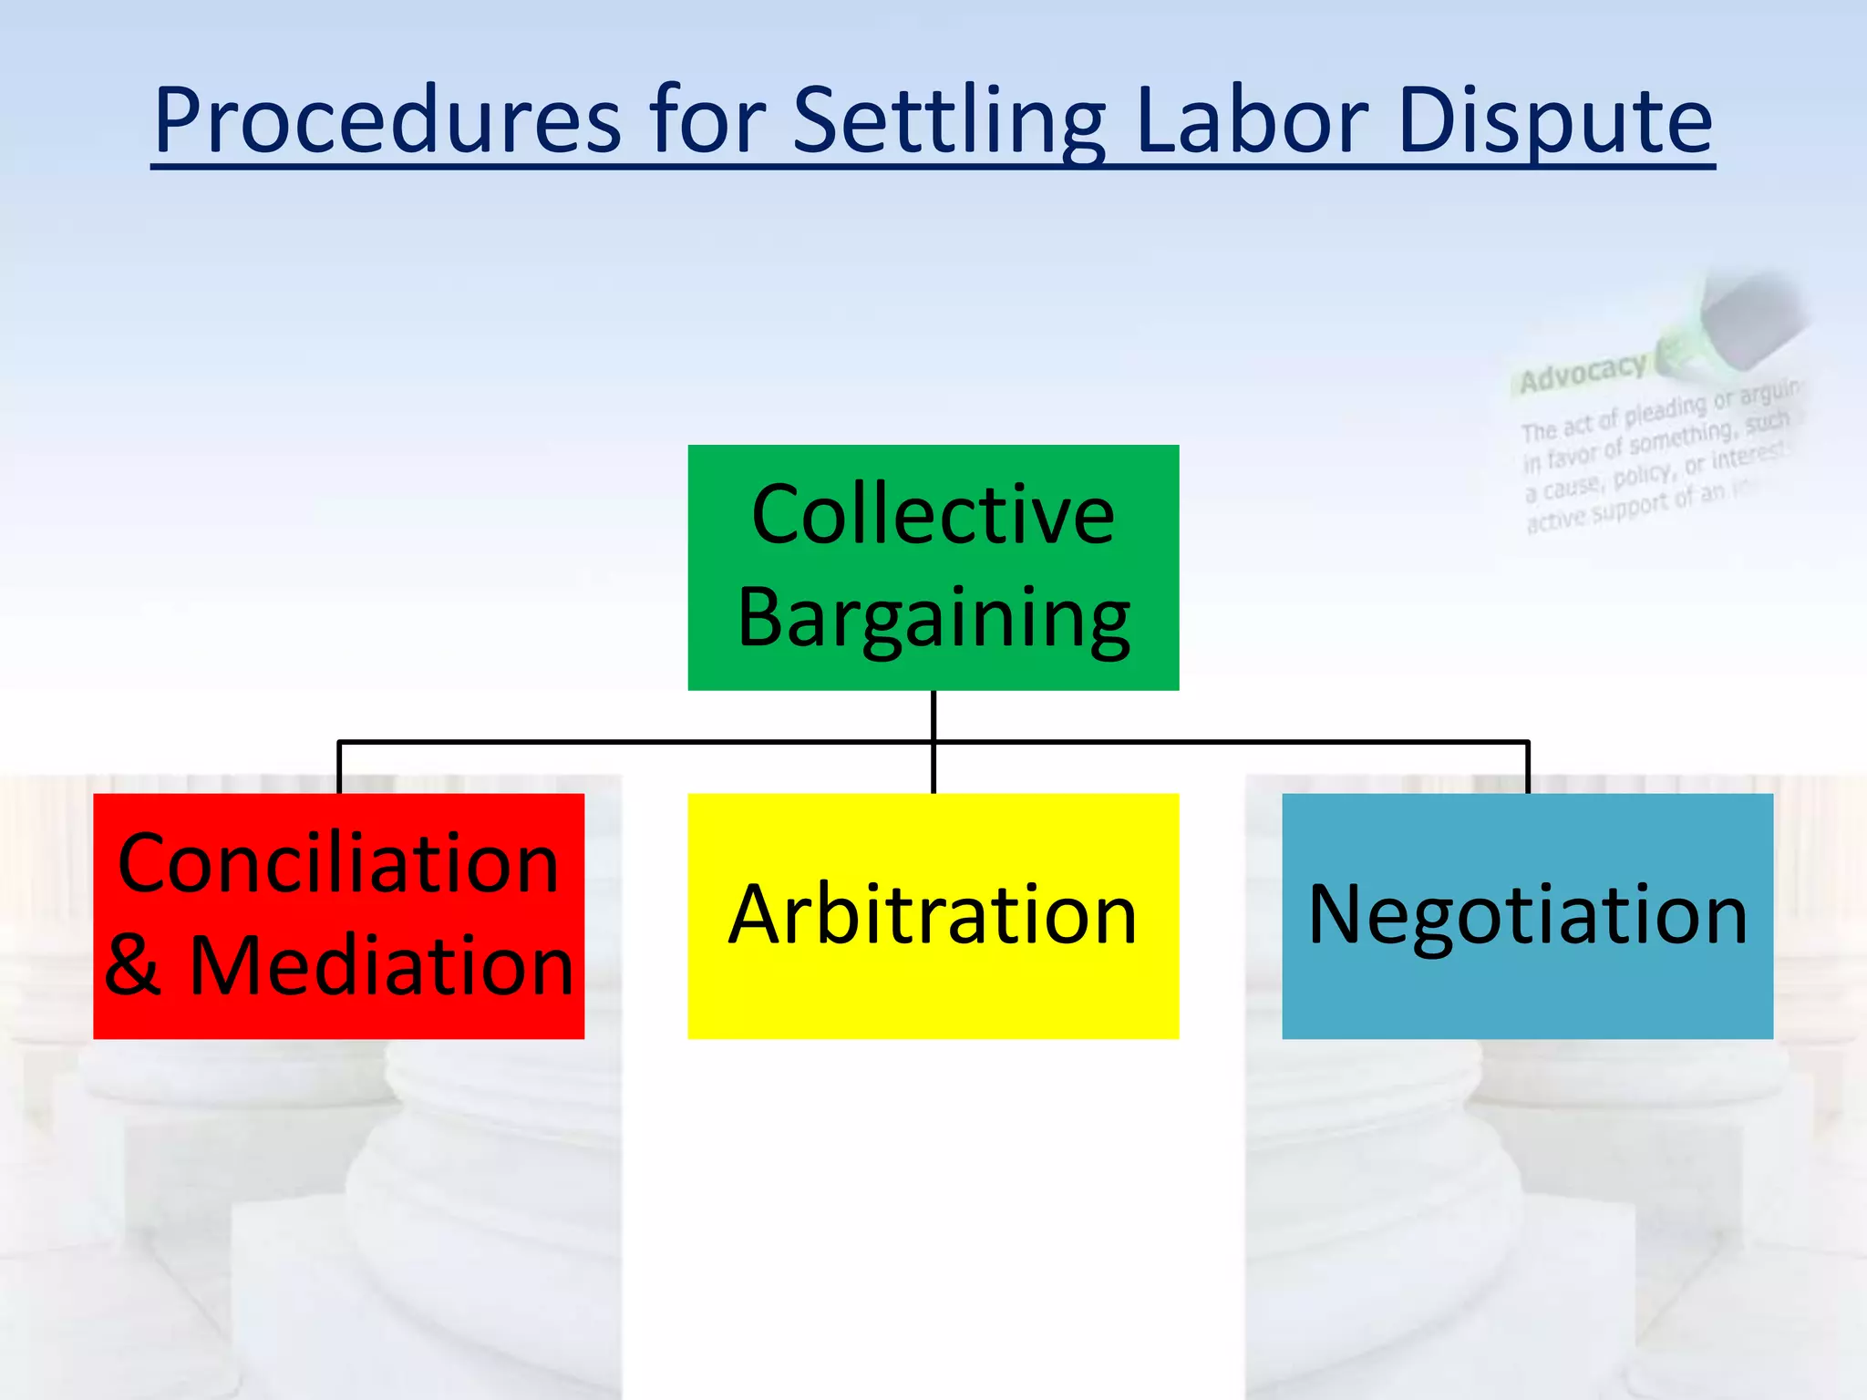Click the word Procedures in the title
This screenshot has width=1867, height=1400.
click(x=387, y=120)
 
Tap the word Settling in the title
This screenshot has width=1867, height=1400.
click(x=949, y=120)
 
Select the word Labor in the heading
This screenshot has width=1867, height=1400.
click(x=1252, y=120)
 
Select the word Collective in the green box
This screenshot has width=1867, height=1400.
click(x=933, y=516)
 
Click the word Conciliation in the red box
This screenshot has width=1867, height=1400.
click(x=338, y=864)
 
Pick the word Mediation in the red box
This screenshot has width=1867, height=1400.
click(x=381, y=966)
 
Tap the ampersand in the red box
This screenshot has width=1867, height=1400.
click(x=133, y=966)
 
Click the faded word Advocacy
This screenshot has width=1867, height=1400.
click(x=1583, y=372)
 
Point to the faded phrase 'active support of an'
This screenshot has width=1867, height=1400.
click(x=1627, y=507)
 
